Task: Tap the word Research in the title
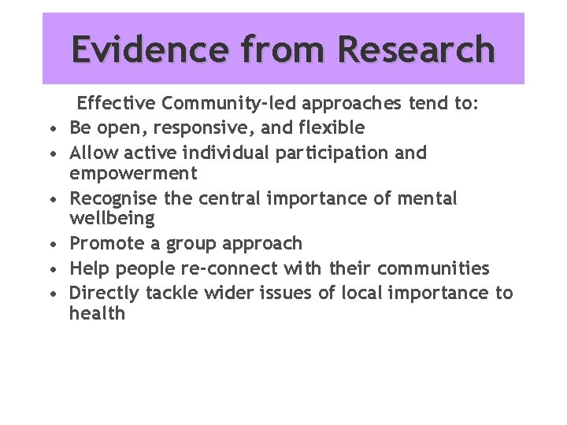(417, 49)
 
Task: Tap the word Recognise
(113, 198)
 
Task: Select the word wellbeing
(112, 217)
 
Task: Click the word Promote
(106, 244)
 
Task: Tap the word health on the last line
(97, 313)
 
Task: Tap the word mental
(426, 198)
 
